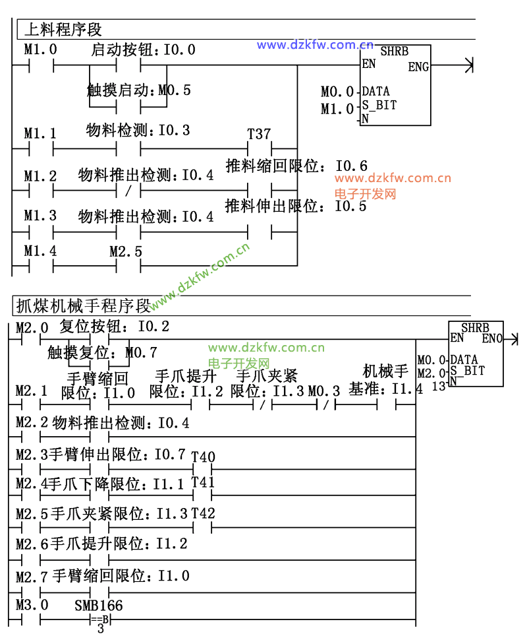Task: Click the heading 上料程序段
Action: pos(63,30)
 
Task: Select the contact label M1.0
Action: pos(40,49)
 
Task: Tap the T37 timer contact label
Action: pos(259,134)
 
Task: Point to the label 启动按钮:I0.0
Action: pos(142,49)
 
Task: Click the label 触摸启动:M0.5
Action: pos(139,90)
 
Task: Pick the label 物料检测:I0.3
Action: pos(138,131)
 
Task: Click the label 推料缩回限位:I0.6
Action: pos(296,166)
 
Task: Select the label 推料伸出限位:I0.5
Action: pos(296,206)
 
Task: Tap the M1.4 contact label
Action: pos(40,251)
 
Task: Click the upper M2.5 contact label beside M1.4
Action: pos(125,251)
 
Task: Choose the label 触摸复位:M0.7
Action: pos(102,352)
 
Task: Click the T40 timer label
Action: pos(203,457)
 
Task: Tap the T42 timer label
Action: pos(203,513)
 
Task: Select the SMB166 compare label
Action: pos(98,605)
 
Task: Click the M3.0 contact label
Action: pos(32,605)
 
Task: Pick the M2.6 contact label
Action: pos(32,544)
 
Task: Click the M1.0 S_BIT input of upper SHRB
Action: pos(337,109)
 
